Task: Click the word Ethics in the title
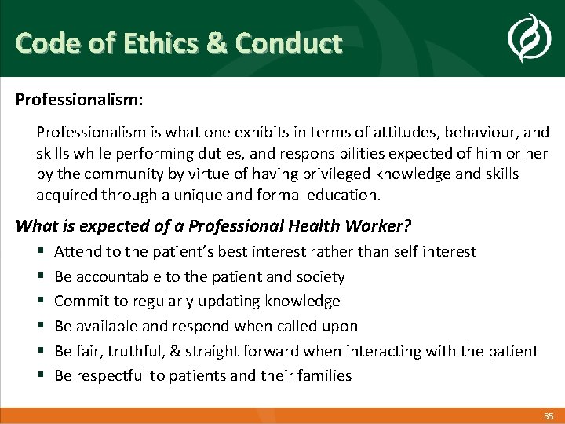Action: pos(153,42)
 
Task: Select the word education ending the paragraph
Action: pos(341,194)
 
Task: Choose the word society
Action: pos(319,276)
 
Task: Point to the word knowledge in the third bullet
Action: pos(304,302)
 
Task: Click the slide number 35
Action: pos(549,415)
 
